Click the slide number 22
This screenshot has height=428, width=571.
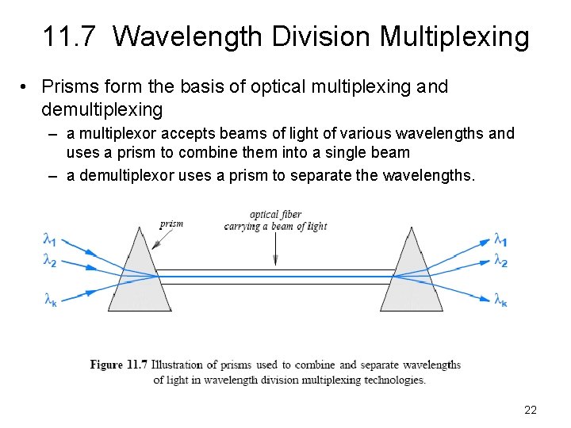click(x=531, y=410)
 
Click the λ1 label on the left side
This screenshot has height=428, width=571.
click(x=50, y=238)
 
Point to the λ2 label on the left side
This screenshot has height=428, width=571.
click(x=50, y=260)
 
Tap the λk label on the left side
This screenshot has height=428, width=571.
click(x=50, y=299)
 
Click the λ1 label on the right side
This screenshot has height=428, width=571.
click(x=500, y=239)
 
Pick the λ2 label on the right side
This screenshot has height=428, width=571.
click(x=500, y=260)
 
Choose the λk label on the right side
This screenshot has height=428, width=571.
click(x=500, y=299)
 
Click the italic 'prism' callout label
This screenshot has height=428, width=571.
click(x=171, y=224)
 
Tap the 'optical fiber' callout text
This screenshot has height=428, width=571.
click(x=275, y=214)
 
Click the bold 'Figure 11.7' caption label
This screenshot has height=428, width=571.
click(x=118, y=365)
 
